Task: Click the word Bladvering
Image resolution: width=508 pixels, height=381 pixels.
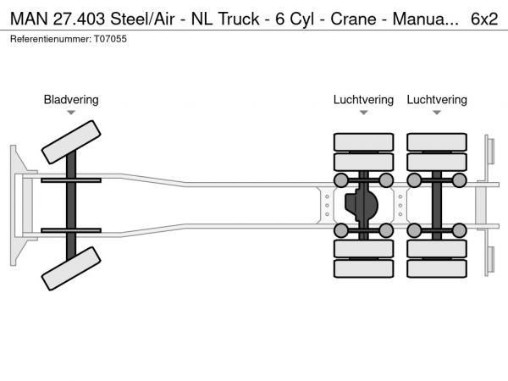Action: click(x=71, y=100)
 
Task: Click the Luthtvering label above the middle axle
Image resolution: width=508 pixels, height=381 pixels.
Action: click(x=363, y=100)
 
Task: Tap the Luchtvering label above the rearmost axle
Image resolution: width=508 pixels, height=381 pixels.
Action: click(x=437, y=100)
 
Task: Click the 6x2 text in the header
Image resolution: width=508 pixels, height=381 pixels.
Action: click(x=483, y=17)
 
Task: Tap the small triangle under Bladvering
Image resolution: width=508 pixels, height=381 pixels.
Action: click(x=71, y=113)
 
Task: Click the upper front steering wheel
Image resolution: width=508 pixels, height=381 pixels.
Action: click(x=71, y=141)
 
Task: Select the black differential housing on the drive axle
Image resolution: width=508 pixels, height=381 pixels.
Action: click(x=362, y=206)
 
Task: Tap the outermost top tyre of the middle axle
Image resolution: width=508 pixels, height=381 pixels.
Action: click(x=363, y=141)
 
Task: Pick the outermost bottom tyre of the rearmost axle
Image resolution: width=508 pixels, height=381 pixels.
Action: click(x=437, y=269)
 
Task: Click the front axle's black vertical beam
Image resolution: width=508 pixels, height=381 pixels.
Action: click(x=72, y=206)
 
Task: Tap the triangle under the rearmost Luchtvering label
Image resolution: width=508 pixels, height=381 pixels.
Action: click(x=437, y=113)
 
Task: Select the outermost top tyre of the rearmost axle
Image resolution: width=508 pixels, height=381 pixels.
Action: click(x=437, y=141)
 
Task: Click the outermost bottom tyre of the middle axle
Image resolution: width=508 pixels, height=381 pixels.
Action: click(x=363, y=269)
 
